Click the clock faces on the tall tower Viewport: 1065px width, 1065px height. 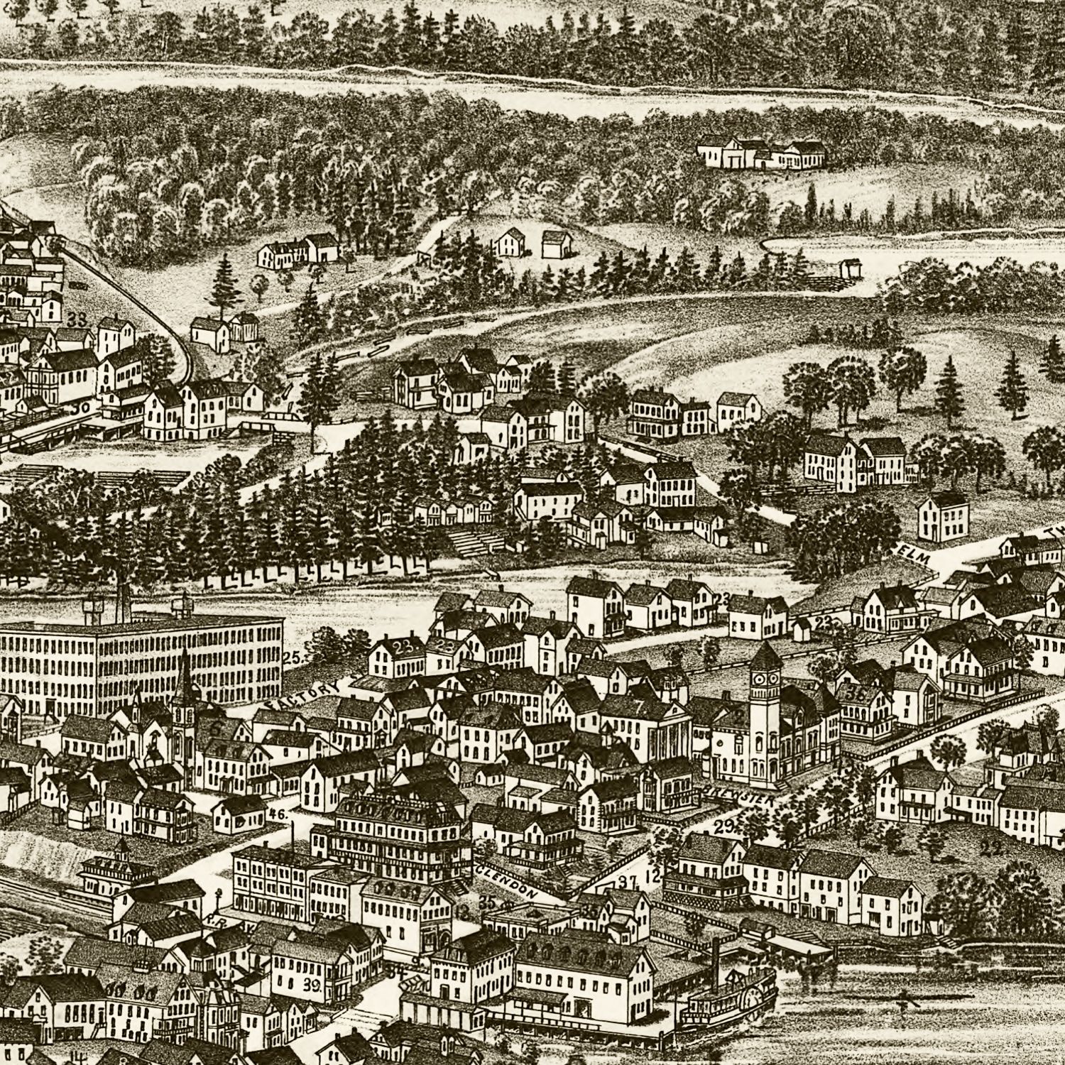point(763,679)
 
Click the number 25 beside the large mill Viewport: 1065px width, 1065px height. point(291,657)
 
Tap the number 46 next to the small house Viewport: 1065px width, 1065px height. point(278,814)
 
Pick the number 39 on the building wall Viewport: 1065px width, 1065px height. point(310,986)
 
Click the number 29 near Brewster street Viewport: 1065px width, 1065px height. point(723,826)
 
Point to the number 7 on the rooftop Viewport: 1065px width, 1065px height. point(638,706)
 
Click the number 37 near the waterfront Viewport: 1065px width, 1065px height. point(626,883)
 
